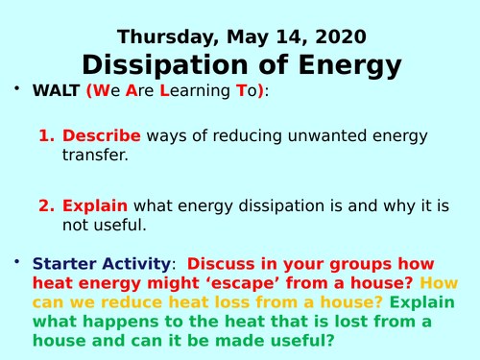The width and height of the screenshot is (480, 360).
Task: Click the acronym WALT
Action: coord(57,92)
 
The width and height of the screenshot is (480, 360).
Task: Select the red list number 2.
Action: coord(46,205)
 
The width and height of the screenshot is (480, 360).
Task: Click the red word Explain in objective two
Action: coord(95,205)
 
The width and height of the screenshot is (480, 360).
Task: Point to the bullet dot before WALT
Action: coord(15,89)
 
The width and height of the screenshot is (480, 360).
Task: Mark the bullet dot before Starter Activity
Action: coord(15,260)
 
